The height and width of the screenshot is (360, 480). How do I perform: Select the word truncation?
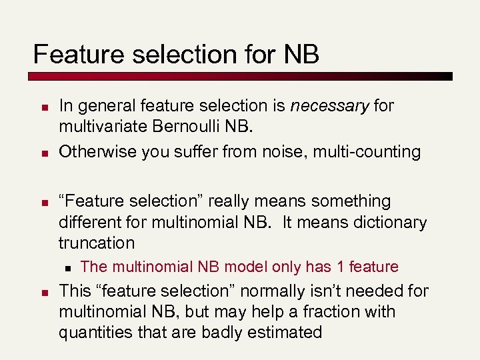[96, 243]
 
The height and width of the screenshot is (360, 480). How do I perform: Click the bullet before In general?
[41, 107]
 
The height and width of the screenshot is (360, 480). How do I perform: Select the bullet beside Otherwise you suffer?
[41, 153]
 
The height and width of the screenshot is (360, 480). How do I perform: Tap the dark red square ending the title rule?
[447, 76]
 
